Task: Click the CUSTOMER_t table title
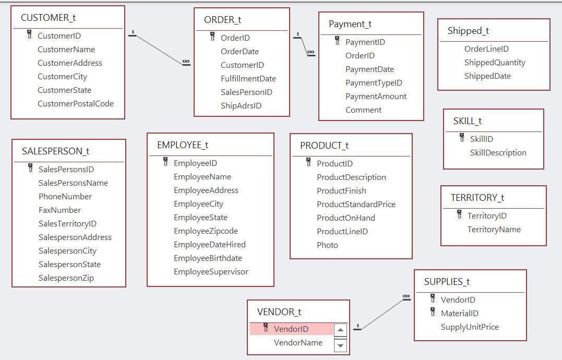pyautogui.click(x=48, y=18)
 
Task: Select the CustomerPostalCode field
pyautogui.click(x=75, y=104)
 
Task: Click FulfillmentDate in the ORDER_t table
pyautogui.click(x=248, y=79)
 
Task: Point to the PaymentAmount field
pyautogui.click(x=376, y=97)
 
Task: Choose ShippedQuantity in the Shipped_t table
pyautogui.click(x=495, y=63)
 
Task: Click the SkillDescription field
pyautogui.click(x=498, y=153)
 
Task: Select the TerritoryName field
pyautogui.click(x=494, y=230)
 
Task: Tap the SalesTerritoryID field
pyautogui.click(x=67, y=224)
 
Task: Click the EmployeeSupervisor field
pyautogui.click(x=211, y=272)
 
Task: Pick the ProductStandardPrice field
pyautogui.click(x=356, y=205)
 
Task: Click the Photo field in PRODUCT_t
pyautogui.click(x=327, y=245)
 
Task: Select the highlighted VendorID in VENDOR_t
pyautogui.click(x=291, y=329)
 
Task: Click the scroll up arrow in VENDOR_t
pyautogui.click(x=340, y=330)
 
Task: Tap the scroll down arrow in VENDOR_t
pyautogui.click(x=340, y=345)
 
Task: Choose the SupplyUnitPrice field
pyautogui.click(x=470, y=327)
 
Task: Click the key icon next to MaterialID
pyautogui.click(x=433, y=313)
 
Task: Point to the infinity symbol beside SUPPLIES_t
pyautogui.click(x=406, y=297)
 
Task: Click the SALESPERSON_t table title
pyautogui.click(x=55, y=151)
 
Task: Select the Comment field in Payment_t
pyautogui.click(x=363, y=110)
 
